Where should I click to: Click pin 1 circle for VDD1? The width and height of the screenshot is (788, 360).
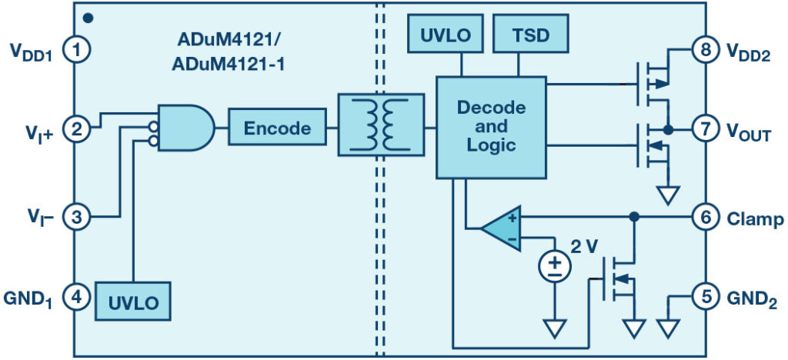[x=76, y=51]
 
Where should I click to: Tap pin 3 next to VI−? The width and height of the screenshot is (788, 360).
[x=76, y=217]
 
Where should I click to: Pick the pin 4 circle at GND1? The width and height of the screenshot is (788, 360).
[x=76, y=297]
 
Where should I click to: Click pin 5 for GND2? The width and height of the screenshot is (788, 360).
[x=705, y=297]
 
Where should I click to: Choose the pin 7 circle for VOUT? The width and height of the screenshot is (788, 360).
[x=705, y=130]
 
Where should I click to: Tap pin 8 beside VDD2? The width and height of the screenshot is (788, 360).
[x=705, y=51]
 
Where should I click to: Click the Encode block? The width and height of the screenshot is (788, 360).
[x=277, y=128]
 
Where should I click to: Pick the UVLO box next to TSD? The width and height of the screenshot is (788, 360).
[x=441, y=35]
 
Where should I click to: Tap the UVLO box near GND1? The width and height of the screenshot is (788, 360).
[x=132, y=302]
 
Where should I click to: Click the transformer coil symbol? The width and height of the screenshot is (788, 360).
[x=380, y=125]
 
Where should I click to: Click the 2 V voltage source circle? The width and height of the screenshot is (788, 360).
[x=553, y=267]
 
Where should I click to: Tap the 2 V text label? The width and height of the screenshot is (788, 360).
[x=583, y=248]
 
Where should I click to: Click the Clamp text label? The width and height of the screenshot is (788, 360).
[x=755, y=219]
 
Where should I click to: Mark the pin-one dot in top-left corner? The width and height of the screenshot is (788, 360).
[x=88, y=16]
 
